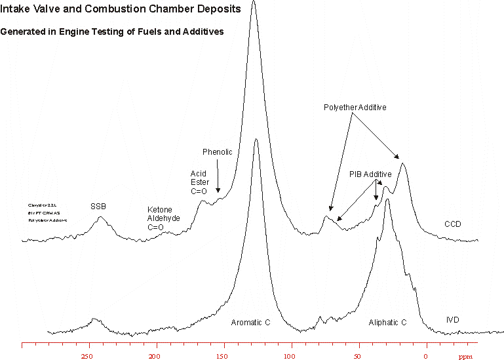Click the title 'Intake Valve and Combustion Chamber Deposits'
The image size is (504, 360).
coord(121,9)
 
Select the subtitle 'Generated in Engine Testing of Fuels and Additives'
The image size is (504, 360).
coord(112,31)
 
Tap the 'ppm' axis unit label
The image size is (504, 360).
coord(465,357)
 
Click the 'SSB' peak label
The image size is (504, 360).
coord(98,207)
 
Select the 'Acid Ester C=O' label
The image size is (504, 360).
coord(199,183)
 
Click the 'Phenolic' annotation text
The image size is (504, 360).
coord(217,152)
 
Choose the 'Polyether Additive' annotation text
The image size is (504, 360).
coord(355,107)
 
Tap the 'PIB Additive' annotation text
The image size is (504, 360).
coord(370,174)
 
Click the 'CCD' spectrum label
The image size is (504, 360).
coord(453,224)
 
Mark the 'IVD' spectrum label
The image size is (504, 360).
coord(452,320)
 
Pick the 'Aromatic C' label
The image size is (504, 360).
coord(250,323)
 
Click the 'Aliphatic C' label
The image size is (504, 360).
coord(387,323)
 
